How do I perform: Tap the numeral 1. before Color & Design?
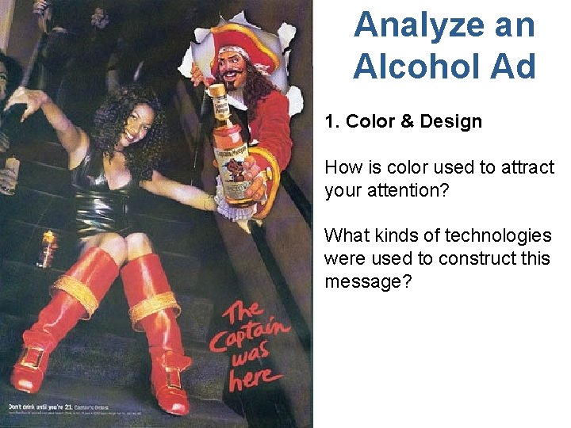tap(331, 122)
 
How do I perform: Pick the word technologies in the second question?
tap(498, 236)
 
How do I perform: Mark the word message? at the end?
tap(368, 281)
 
